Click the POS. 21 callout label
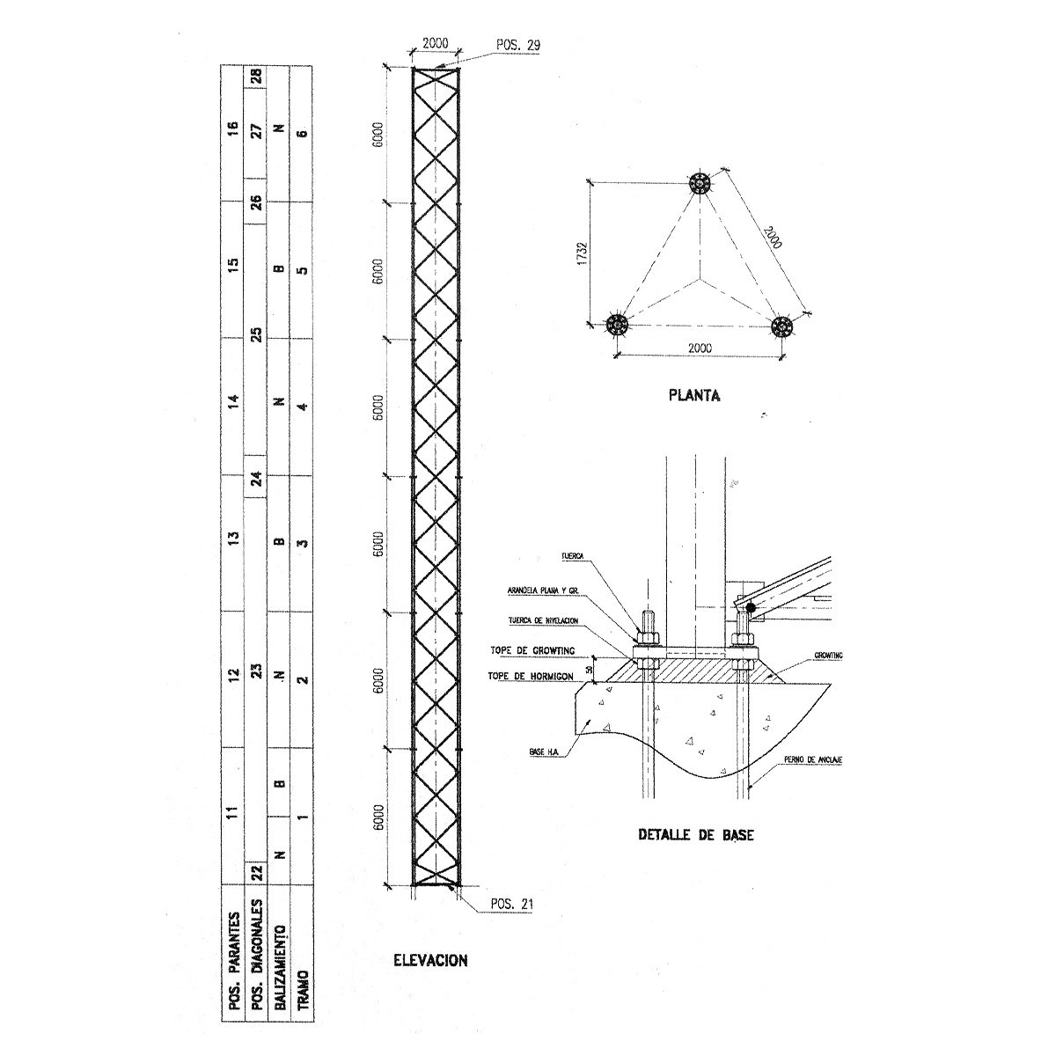coord(509,903)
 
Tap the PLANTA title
coord(694,395)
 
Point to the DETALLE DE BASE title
coord(695,834)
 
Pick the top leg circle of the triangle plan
coord(700,185)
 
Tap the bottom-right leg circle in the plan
coord(781,326)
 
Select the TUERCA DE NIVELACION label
coord(543,621)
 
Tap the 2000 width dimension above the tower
coord(436,43)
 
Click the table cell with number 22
coord(257,871)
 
